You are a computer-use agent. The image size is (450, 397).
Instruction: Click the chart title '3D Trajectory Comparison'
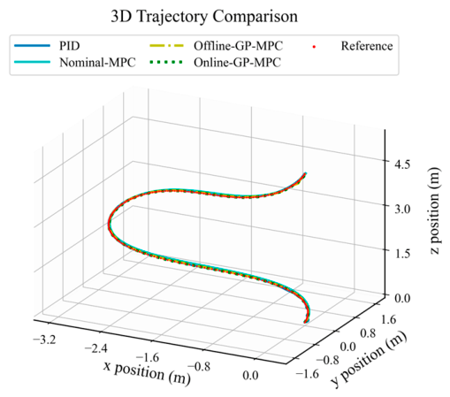coord(204,17)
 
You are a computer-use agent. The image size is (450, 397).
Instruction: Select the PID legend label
coord(70,46)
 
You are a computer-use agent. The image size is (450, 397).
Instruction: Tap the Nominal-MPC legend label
coord(97,63)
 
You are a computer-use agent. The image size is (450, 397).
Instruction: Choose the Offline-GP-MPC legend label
coord(238,46)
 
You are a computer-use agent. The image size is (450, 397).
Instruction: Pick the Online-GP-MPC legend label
coord(237,63)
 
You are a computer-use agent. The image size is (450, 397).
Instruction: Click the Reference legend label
coord(367,46)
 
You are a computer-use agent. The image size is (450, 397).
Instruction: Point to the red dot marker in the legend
coord(314,46)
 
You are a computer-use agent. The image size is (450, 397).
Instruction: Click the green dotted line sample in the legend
coord(166,62)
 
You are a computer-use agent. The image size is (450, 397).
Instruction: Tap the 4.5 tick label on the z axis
coord(402,164)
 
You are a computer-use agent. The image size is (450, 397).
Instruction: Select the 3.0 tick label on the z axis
coord(402,209)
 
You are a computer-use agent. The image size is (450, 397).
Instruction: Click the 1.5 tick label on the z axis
coord(402,254)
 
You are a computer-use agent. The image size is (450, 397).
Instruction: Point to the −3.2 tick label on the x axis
coord(44,340)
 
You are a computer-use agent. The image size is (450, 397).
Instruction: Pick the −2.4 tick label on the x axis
coord(96,348)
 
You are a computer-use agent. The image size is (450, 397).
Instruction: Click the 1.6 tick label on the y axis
coord(389,319)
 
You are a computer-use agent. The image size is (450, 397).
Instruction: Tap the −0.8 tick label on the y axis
coord(327,360)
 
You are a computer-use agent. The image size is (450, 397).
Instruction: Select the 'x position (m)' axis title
coord(148,372)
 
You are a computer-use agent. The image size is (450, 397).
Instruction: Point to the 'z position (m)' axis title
coord(434,210)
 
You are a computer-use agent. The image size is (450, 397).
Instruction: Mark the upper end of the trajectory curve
coord(305,173)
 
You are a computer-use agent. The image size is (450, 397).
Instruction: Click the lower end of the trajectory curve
coord(305,322)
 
